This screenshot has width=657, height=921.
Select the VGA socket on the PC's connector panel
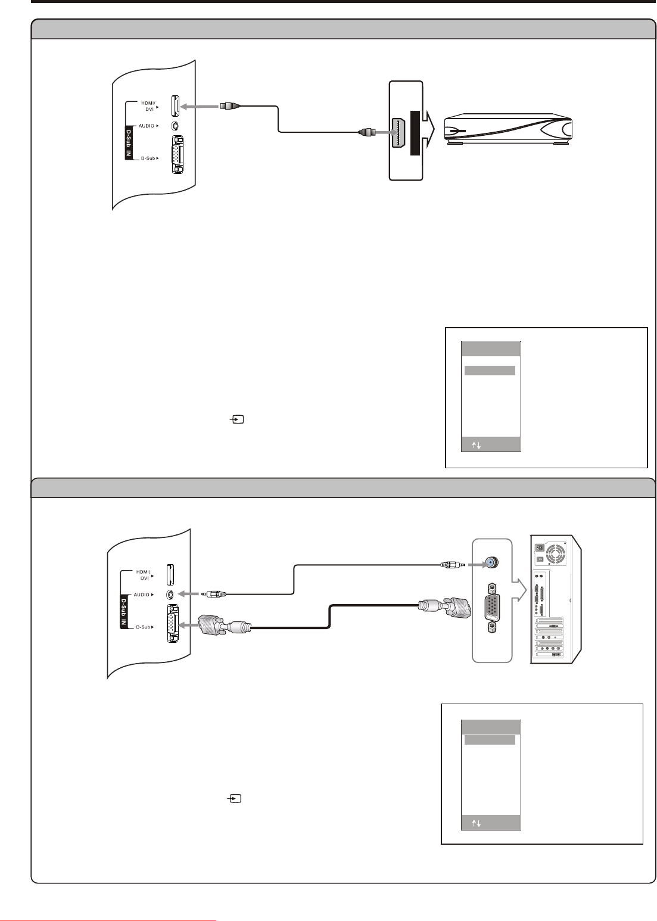pyautogui.click(x=491, y=606)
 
